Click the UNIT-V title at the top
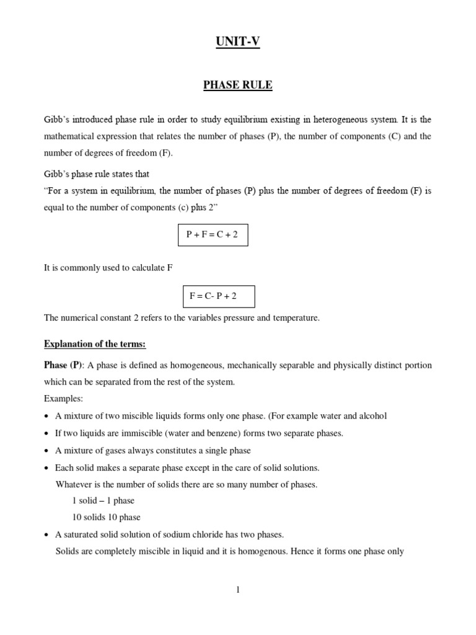238,42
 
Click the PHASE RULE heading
238,85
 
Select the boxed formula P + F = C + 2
213,235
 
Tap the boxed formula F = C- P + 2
219,296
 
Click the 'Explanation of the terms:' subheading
95,344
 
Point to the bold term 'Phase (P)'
63,365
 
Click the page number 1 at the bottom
237,590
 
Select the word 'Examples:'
63,399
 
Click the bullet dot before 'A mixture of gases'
47,451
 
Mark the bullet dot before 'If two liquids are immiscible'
47,433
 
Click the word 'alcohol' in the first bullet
372,416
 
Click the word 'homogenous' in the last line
261,551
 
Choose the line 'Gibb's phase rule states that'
97,174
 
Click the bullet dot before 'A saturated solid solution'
47,535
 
